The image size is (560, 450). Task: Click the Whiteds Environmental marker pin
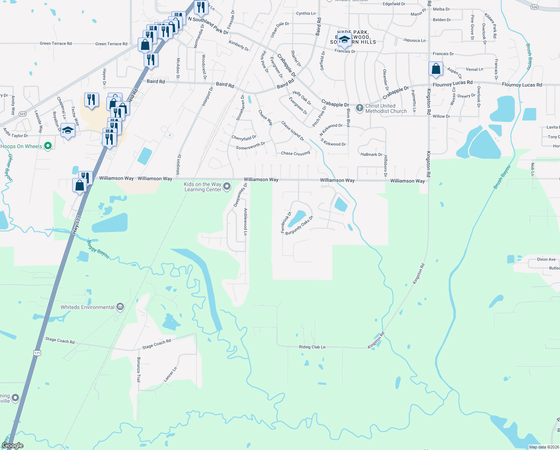[120, 307]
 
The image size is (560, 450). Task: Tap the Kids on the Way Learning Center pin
[227, 186]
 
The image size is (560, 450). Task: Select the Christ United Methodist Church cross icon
[359, 108]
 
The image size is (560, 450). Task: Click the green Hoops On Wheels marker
[48, 146]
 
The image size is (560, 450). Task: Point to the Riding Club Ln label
[312, 347]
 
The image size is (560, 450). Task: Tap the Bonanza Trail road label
[139, 369]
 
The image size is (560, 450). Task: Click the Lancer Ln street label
[170, 374]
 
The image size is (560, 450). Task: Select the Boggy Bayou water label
[98, 249]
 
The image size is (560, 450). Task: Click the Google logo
[13, 445]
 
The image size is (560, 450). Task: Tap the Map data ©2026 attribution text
[544, 447]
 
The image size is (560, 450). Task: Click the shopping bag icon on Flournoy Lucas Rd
[436, 69]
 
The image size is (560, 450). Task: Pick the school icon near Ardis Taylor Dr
[68, 130]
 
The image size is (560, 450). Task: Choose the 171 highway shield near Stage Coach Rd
[37, 353]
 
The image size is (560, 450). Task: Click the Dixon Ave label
[546, 259]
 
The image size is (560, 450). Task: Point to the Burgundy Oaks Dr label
[299, 226]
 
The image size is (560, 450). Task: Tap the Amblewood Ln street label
[246, 222]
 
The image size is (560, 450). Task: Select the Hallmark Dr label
[371, 154]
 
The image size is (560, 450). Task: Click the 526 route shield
[534, 7]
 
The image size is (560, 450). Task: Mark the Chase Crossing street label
[295, 153]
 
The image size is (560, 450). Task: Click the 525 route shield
[22, 114]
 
